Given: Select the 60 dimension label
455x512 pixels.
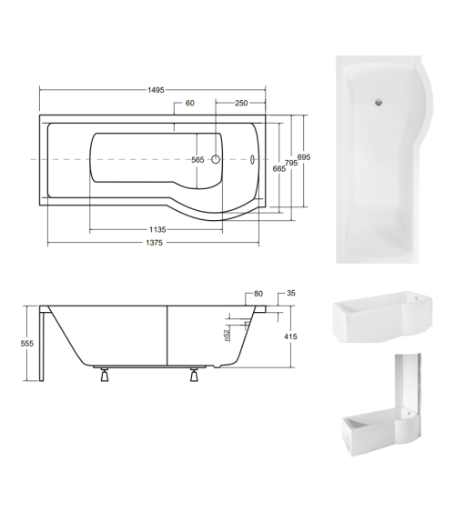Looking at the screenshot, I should pos(190,104).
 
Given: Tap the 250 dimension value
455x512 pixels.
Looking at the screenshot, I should pos(241,104).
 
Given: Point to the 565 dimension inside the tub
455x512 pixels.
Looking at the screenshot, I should pos(197,160).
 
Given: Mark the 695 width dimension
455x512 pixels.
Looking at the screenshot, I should pos(304,157).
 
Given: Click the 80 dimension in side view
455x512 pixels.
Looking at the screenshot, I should pos(258,295).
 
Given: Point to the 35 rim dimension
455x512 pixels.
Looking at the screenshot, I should pos(291,295).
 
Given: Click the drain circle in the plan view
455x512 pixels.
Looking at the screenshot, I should pos(216,159).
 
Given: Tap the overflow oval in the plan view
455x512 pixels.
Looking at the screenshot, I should pos(254,159).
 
